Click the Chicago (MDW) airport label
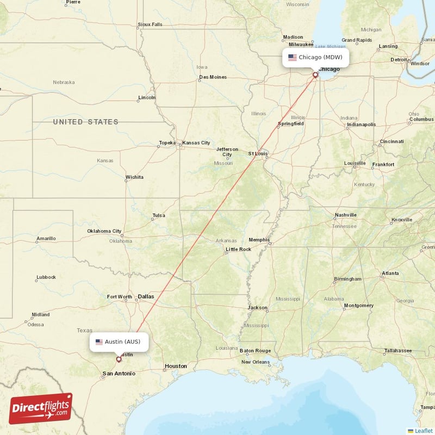315,57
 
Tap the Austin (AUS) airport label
119,342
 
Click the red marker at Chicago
315,75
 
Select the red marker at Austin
119,359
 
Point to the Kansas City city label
196,143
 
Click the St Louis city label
258,154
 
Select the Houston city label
176,366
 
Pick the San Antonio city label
119,374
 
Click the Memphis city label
258,240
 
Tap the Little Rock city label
238,250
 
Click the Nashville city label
345,215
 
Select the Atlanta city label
390,274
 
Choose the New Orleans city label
255,362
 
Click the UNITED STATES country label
85,122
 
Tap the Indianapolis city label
361,125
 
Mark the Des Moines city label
213,77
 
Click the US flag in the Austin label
99,342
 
